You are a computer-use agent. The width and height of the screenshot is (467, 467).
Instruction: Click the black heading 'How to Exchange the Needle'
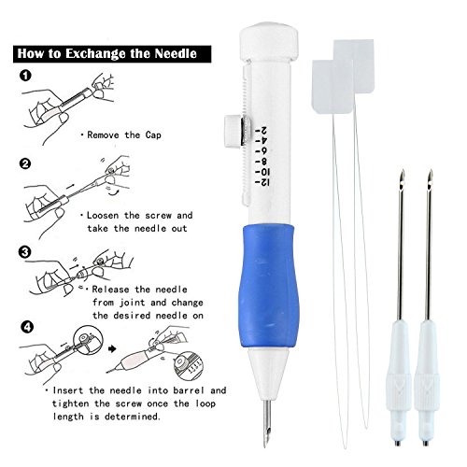click(107, 54)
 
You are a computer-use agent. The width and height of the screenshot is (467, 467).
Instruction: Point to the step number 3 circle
click(25, 250)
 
